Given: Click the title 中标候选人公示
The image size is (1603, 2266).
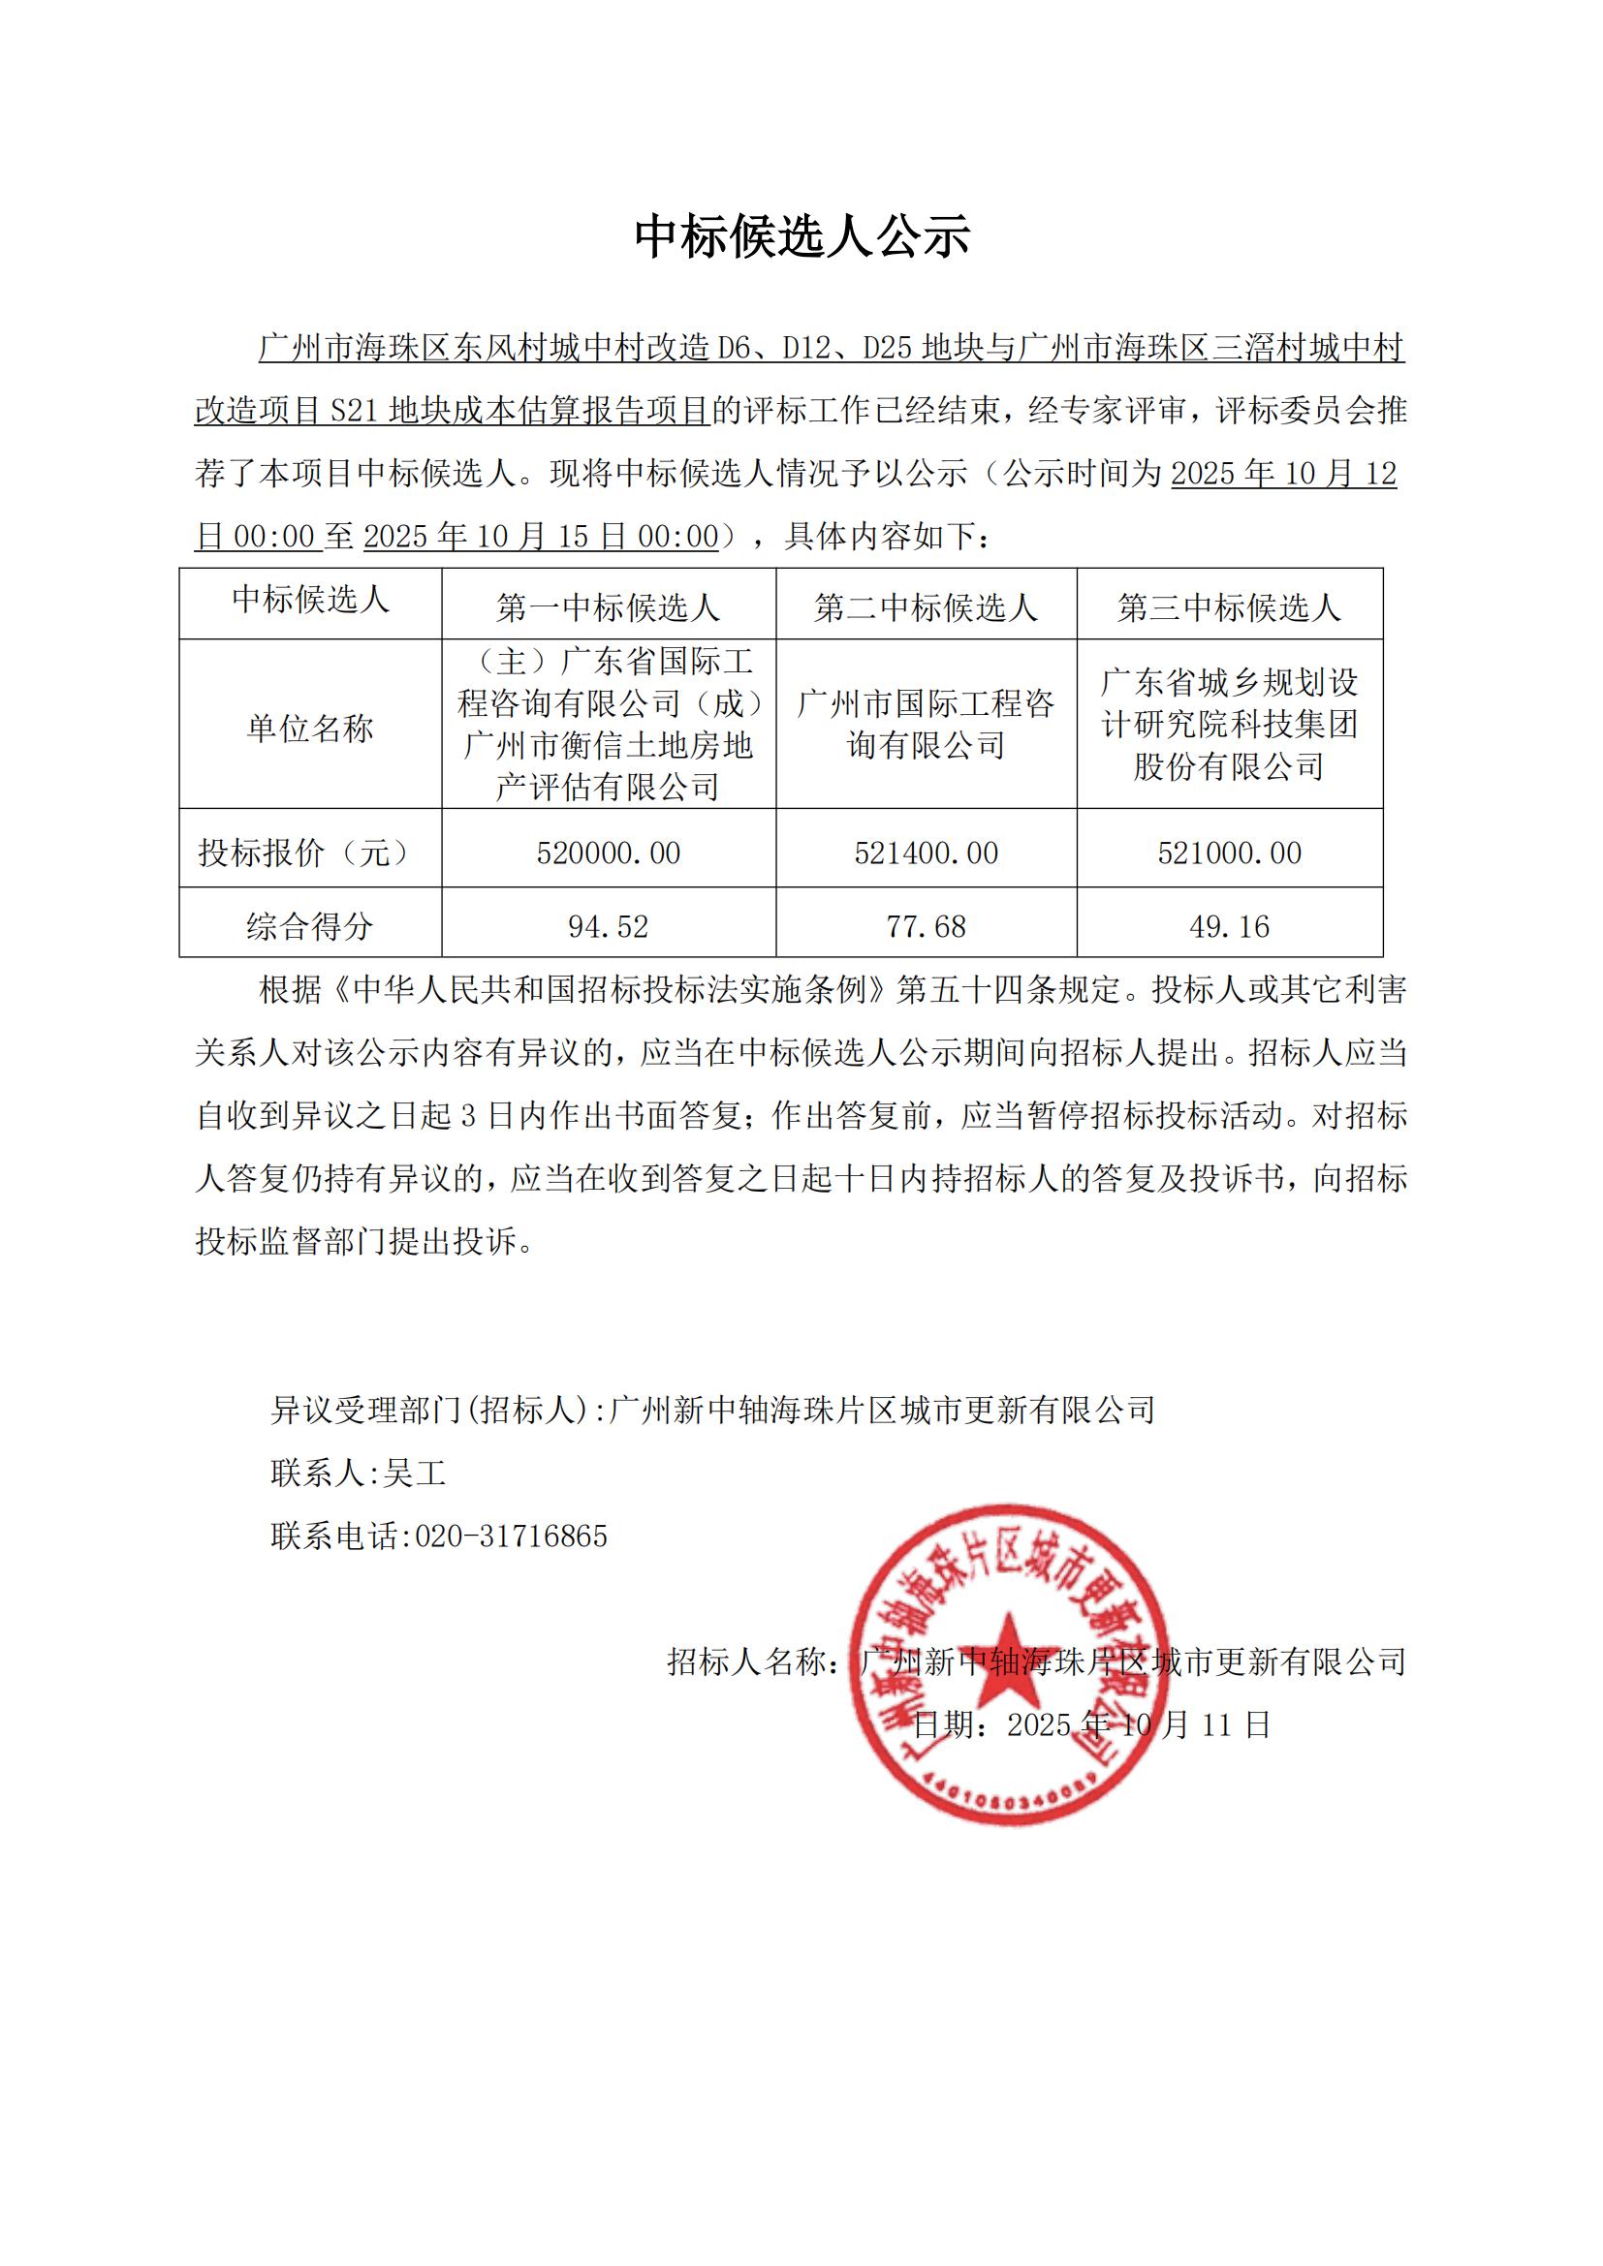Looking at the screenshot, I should [801, 236].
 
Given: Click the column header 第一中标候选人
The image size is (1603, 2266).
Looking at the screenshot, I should [608, 607].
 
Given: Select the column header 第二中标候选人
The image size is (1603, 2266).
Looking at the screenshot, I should [926, 607].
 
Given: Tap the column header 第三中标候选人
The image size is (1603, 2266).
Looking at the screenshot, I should [1229, 607].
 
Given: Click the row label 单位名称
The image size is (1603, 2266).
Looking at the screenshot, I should [310, 729].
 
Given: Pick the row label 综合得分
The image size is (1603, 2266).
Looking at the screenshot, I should [310, 926].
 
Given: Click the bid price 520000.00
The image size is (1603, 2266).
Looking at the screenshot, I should [608, 853].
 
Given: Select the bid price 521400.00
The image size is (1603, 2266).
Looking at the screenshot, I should [926, 853].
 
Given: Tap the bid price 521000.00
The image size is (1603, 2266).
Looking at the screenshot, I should [1229, 853].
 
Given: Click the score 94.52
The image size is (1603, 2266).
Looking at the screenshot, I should [608, 926].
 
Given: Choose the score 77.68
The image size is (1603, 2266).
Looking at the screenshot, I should [926, 926].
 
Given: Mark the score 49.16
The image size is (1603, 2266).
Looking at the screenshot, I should [1229, 926].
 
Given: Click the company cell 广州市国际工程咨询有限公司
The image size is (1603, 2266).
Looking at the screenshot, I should [926, 725].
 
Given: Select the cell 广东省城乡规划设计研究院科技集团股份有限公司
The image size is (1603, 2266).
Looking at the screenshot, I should [1229, 725].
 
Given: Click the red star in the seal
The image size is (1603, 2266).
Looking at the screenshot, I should [1009, 1659].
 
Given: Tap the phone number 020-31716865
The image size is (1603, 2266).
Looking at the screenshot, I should [511, 1536].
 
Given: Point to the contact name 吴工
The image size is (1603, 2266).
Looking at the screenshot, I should [415, 1474].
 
